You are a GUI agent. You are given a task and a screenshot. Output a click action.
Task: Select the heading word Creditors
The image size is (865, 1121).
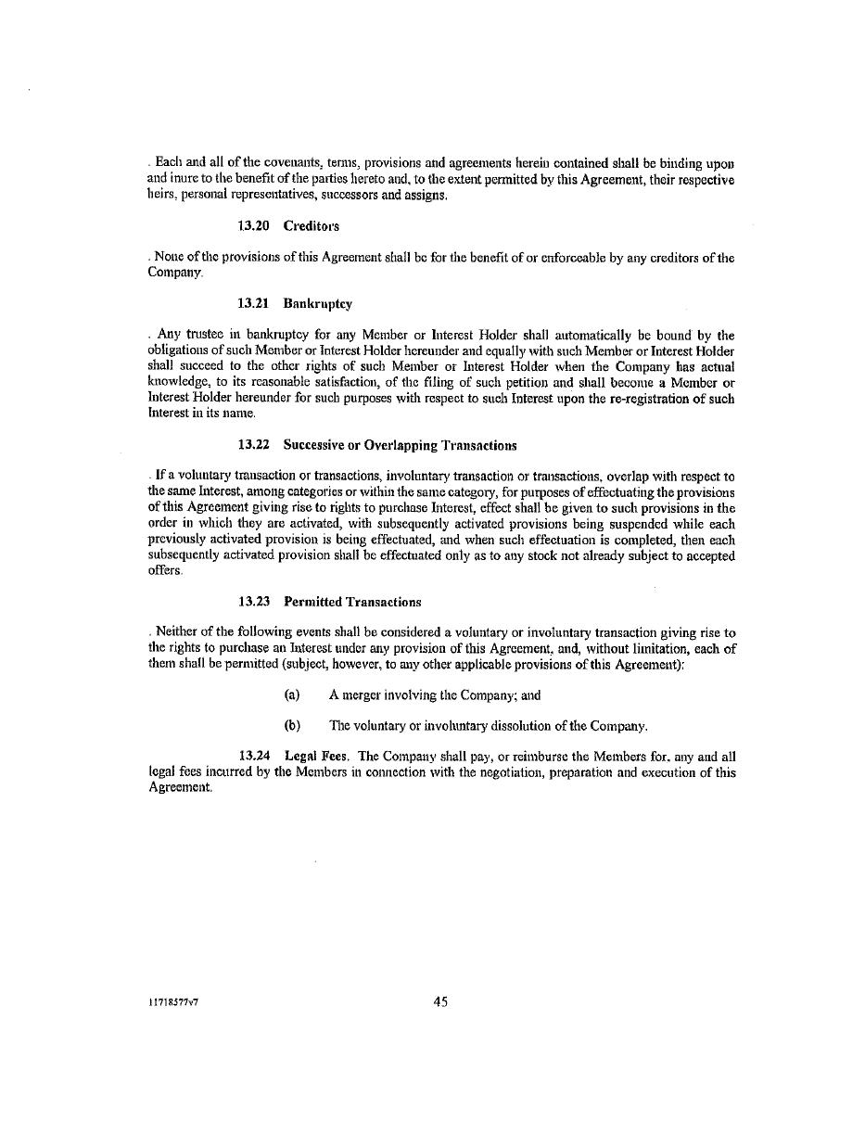pyautogui.click(x=312, y=226)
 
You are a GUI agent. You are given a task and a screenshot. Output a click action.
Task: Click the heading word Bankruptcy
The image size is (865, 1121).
pyautogui.click(x=318, y=304)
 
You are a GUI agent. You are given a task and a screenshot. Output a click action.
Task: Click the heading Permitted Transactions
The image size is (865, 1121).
pyautogui.click(x=352, y=602)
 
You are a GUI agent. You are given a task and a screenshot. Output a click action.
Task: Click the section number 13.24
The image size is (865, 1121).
pyautogui.click(x=255, y=757)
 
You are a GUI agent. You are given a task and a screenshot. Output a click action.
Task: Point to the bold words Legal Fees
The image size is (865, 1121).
pyautogui.click(x=316, y=757)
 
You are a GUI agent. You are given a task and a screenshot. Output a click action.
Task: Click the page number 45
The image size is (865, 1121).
pyautogui.click(x=440, y=1001)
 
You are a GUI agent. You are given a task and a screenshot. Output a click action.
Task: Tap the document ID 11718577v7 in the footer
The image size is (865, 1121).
pyautogui.click(x=173, y=1002)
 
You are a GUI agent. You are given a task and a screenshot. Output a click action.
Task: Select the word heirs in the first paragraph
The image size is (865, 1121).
pyautogui.click(x=162, y=195)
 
